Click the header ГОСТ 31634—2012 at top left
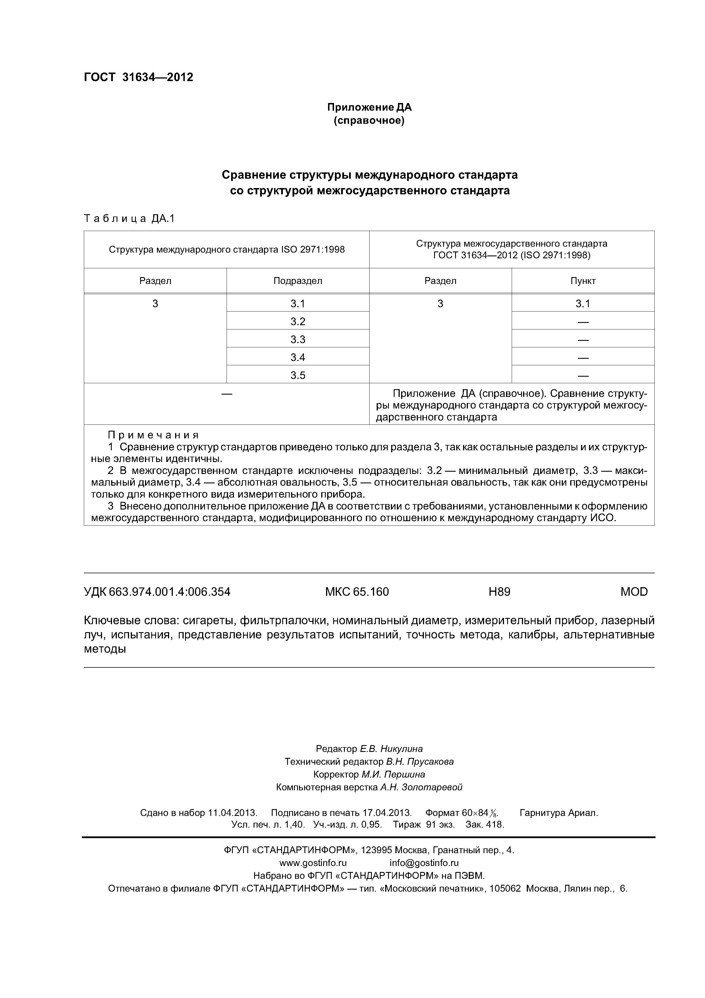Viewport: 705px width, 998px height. point(138,77)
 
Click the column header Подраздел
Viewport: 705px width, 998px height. point(298,281)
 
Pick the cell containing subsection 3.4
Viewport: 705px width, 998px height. point(298,357)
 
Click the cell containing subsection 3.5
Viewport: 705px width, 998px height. point(298,375)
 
